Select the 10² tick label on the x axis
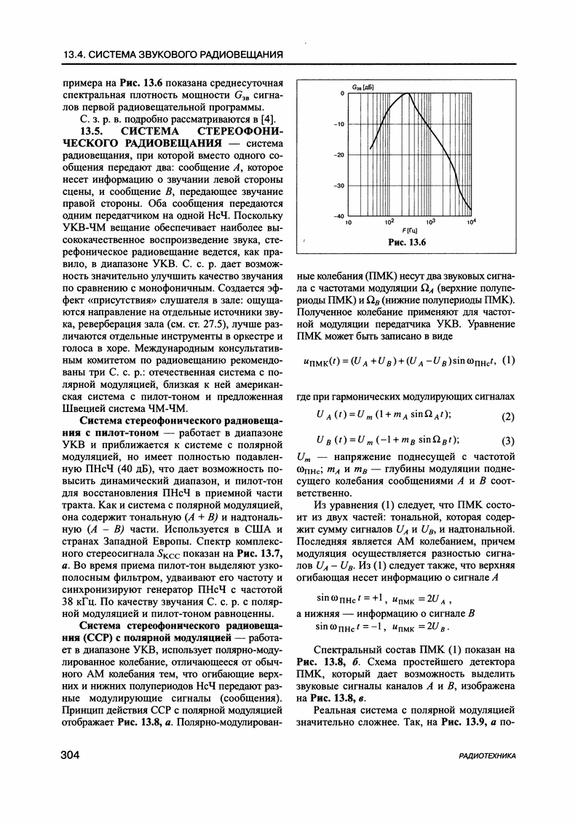[x=389, y=221]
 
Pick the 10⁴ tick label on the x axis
[x=471, y=221]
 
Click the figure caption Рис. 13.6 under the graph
[x=407, y=242]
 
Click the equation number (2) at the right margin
[x=508, y=416]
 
